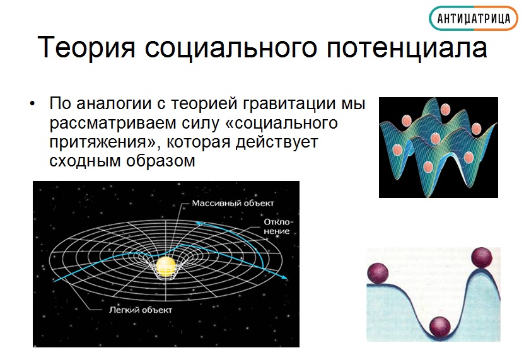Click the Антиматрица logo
click(x=473, y=18)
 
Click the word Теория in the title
click(x=87, y=47)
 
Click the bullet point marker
click(x=32, y=104)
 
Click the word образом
click(x=160, y=161)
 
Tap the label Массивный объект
click(x=233, y=203)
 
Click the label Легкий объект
click(x=141, y=310)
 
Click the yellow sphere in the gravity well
click(x=166, y=267)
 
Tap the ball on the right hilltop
click(x=482, y=258)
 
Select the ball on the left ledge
click(x=378, y=273)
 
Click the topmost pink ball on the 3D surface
click(x=445, y=109)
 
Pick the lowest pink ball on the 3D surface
click(x=428, y=166)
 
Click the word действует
click(x=277, y=142)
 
